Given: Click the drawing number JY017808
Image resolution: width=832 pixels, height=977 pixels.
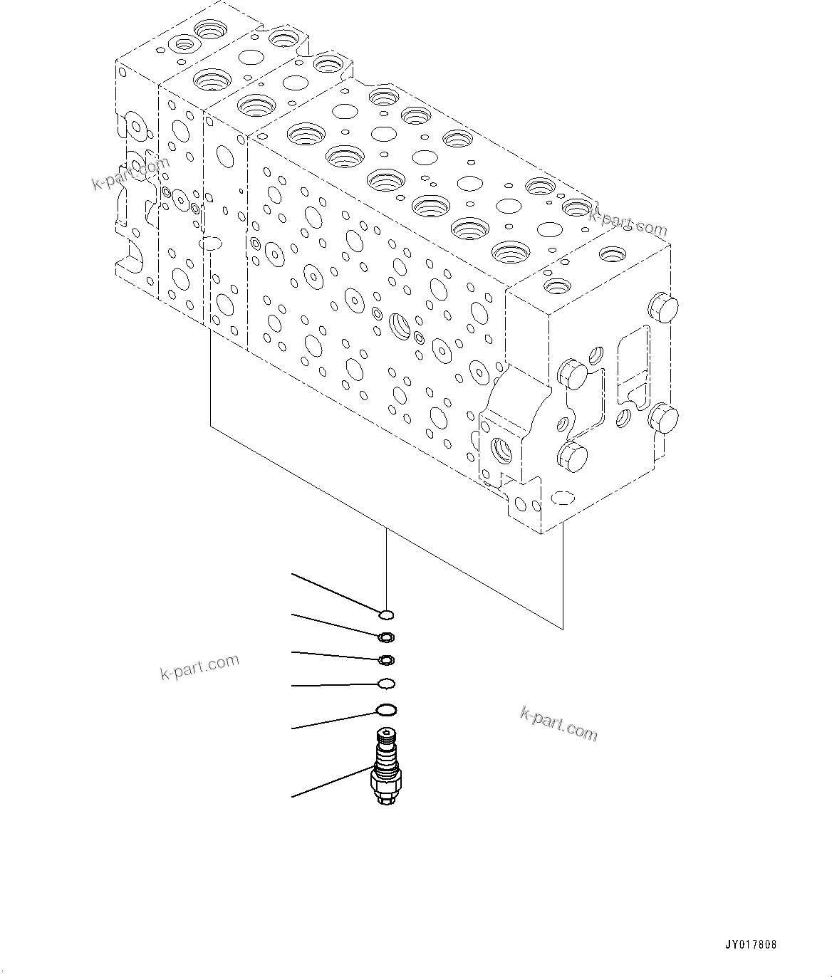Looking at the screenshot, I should tap(751, 945).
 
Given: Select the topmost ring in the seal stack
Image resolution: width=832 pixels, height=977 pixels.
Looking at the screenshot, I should tap(386, 615).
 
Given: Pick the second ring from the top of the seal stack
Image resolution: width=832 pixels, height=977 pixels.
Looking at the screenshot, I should tap(385, 637).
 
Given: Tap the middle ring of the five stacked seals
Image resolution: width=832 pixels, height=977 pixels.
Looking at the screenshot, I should tap(386, 660).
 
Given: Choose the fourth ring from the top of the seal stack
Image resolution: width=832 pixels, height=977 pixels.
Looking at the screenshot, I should tap(386, 684).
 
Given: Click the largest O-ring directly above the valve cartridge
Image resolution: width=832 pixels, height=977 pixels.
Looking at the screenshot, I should tap(386, 709).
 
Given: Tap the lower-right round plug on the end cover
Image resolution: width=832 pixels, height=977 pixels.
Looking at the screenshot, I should tap(664, 417).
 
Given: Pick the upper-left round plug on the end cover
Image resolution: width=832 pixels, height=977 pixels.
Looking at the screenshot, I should tap(571, 374).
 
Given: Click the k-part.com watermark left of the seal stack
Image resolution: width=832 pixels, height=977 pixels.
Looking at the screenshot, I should tap(199, 667).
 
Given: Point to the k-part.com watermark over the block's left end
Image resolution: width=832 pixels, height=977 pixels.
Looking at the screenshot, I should tap(131, 174).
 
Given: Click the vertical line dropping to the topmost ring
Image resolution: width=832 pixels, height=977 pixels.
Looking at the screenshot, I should tap(386, 570).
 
